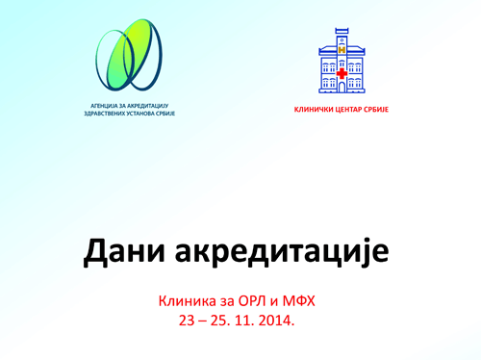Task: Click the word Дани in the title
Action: click(124, 251)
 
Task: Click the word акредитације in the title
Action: click(282, 253)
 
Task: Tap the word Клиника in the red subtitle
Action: click(183, 301)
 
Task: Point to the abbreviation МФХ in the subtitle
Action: click(298, 301)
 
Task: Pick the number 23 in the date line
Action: click(187, 321)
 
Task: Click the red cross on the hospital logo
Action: click(342, 73)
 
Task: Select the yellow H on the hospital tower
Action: click(342, 50)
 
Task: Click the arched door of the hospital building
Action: click(342, 87)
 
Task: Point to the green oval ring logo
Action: click(129, 55)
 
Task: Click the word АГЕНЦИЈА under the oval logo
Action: click(103, 106)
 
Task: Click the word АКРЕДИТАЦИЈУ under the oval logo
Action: click(148, 106)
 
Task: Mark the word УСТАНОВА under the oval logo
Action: click(139, 114)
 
